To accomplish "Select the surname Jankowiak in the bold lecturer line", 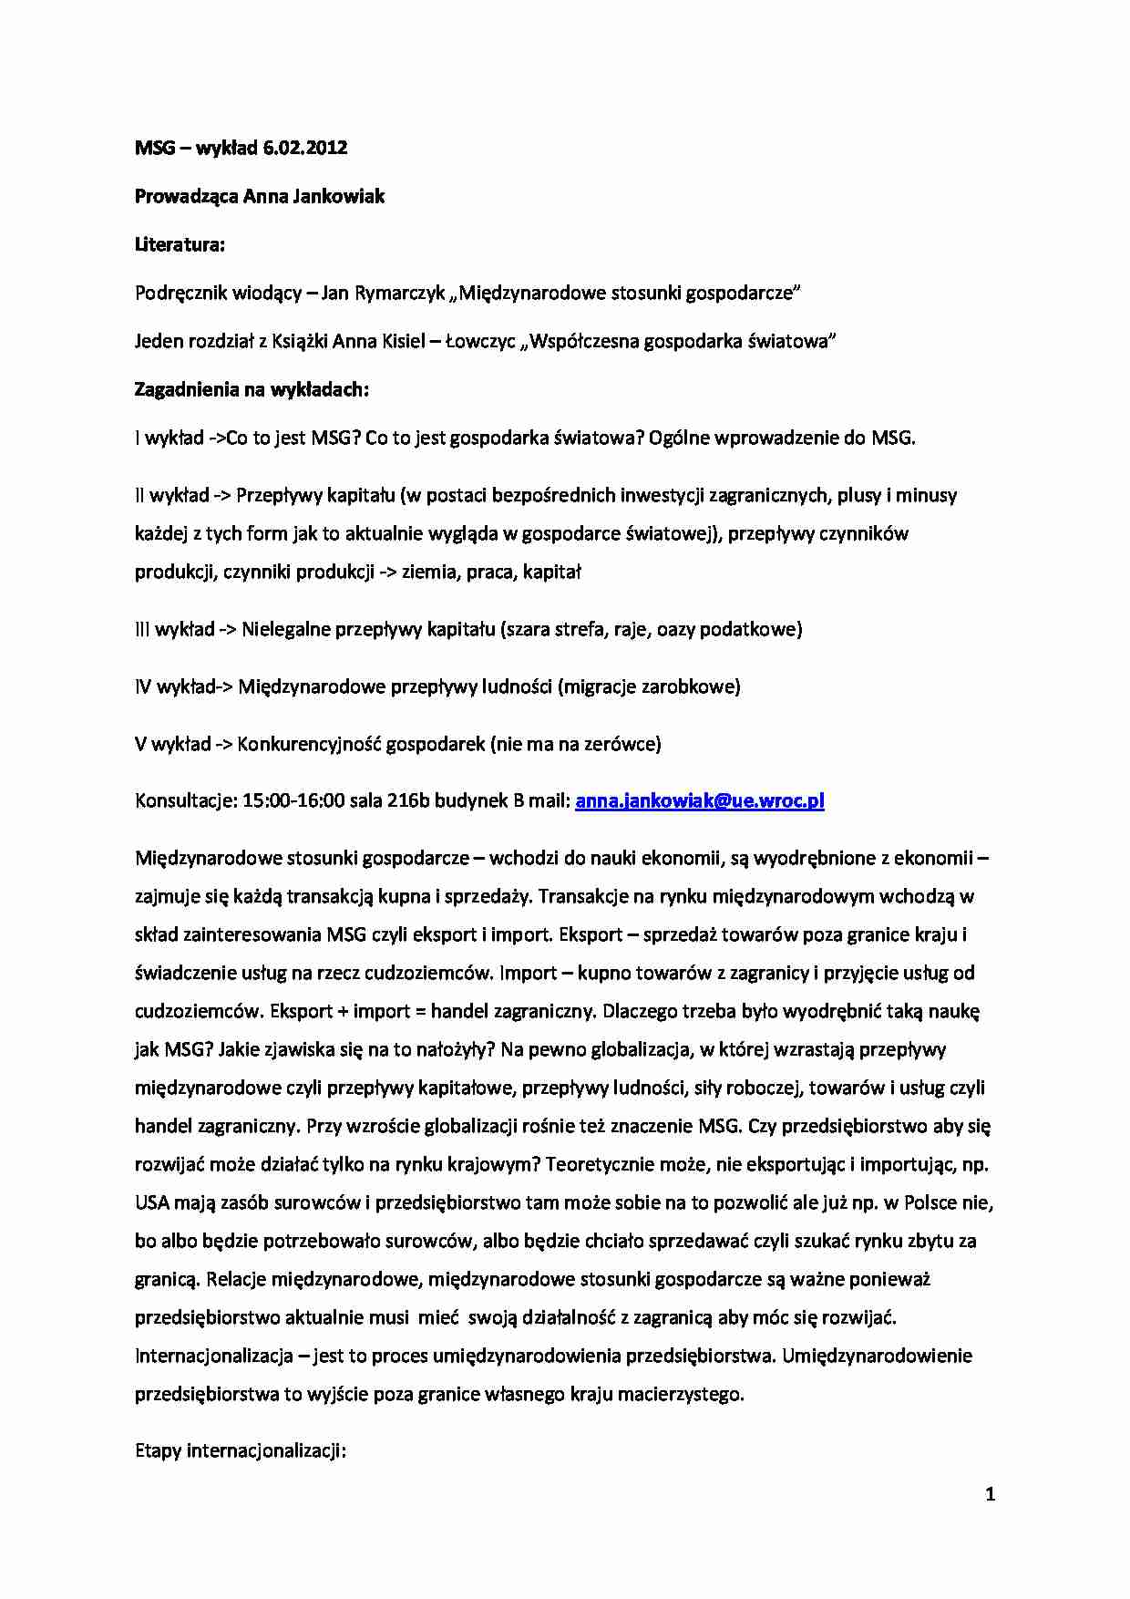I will (339, 196).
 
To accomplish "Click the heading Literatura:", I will (180, 244).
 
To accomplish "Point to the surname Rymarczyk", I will (402, 293).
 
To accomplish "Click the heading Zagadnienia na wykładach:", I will (252, 389).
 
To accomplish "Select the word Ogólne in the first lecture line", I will (680, 438).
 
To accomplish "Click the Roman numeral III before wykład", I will (143, 629).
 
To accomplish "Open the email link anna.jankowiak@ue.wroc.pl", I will (700, 800).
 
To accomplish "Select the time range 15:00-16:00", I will (293, 800).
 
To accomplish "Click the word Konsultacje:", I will (186, 800).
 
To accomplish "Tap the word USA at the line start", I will (152, 1202).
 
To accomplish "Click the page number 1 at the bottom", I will (991, 1494).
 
